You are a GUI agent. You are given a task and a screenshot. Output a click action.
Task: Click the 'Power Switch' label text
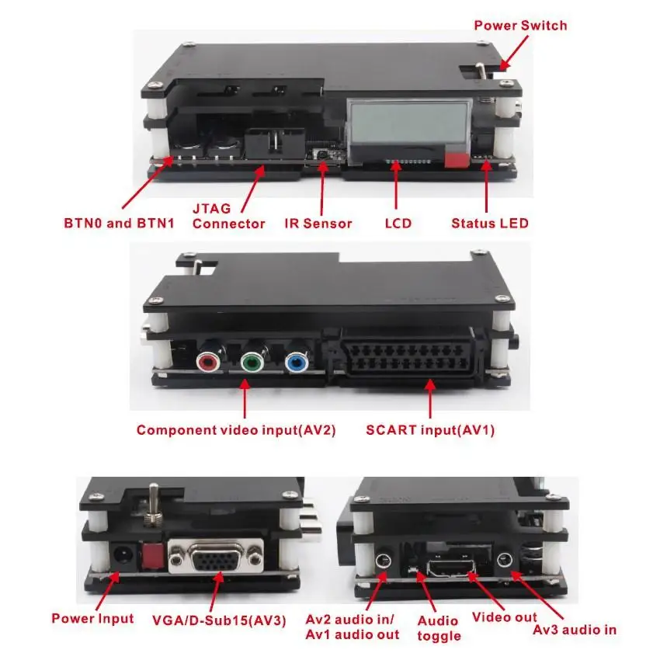[x=520, y=26]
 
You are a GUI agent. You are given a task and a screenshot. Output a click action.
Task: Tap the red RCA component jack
[x=209, y=362]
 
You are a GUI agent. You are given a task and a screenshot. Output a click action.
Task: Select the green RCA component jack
[x=251, y=362]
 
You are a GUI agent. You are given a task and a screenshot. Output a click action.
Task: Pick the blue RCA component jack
[x=294, y=362]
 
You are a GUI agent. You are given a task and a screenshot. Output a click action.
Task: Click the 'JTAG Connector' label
[x=228, y=217]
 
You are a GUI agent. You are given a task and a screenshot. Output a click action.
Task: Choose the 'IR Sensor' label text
[x=318, y=224]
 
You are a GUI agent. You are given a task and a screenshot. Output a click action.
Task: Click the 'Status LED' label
[x=489, y=224]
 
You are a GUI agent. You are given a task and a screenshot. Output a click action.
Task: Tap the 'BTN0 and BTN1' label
[x=119, y=224]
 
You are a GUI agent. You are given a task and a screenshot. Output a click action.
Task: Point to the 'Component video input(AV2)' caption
[x=236, y=430]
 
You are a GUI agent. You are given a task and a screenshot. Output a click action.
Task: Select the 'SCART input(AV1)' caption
[x=430, y=430]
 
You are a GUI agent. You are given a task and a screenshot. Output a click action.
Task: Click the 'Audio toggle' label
[x=439, y=628]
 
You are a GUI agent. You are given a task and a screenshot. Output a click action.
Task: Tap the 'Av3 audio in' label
[x=574, y=629]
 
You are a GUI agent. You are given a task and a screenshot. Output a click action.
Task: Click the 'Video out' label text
[x=504, y=618]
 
